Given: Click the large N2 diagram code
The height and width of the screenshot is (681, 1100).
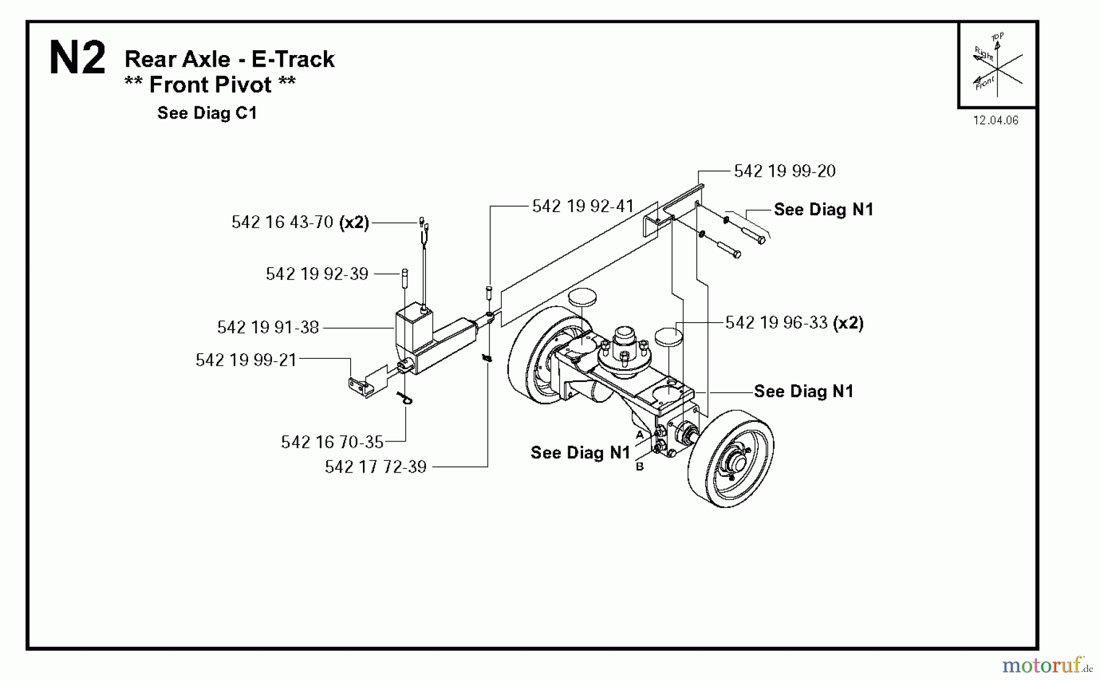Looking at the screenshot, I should pos(77,59).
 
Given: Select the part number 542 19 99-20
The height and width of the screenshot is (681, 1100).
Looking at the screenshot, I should pos(785,171).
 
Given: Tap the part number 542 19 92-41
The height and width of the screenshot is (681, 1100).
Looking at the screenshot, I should pos(582,207).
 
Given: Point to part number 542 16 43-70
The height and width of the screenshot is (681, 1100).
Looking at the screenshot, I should pos(282,223).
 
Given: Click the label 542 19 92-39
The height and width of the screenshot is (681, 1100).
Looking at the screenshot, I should pos(317,274).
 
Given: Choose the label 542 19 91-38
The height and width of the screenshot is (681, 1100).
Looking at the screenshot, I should pos(268,328).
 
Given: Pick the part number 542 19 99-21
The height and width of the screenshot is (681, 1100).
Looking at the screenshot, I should pos(246,360).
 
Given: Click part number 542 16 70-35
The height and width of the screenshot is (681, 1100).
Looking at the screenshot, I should pos(332,442).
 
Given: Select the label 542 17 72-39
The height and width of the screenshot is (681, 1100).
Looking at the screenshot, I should pos(375,467).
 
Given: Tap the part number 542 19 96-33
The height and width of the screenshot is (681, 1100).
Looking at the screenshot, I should pos(776,323).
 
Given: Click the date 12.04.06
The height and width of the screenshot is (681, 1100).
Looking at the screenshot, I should pos(996,120).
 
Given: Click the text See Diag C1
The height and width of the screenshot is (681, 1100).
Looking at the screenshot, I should pos(207,113).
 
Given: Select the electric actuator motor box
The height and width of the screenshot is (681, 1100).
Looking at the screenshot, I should pos(413,330).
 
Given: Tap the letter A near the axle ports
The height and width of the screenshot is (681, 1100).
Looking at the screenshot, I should pos(639,435).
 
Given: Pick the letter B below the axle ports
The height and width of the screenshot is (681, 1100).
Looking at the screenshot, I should pos(639,466).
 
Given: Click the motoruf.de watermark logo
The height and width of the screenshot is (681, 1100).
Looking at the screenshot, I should pos(1047,664).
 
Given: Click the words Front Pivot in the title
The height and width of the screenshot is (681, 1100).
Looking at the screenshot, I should pos(210,85).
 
